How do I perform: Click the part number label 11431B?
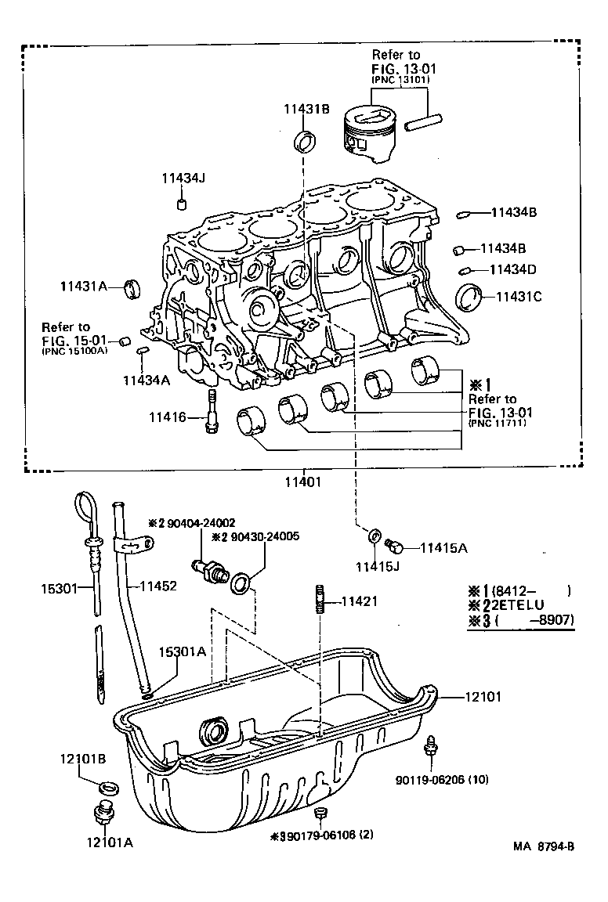[301, 109]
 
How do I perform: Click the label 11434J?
[183, 179]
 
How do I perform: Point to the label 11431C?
[516, 297]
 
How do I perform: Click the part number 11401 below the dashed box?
[303, 482]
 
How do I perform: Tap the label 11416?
[168, 417]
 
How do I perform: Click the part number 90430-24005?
[249, 536]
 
